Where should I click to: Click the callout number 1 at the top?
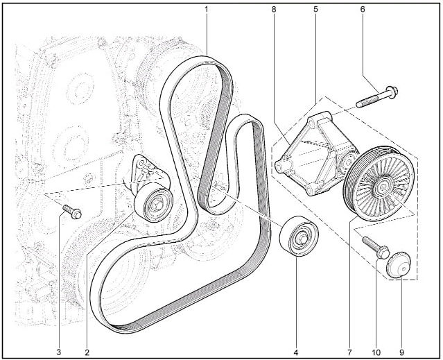206,9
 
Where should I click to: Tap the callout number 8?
273,9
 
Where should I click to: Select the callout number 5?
315,9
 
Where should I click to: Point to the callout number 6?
363,9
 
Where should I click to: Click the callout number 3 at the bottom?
59,352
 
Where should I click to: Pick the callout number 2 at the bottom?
87,352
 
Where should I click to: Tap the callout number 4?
296,352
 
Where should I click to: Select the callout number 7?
349,352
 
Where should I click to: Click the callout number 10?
376,352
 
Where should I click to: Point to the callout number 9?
401,352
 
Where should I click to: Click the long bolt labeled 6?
377,97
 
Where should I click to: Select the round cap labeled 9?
399,265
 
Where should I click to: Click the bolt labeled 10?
376,248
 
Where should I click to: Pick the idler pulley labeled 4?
299,237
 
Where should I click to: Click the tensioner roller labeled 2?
153,203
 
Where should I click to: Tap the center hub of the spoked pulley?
383,187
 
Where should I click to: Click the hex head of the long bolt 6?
392,92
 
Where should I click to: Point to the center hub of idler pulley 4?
302,239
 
